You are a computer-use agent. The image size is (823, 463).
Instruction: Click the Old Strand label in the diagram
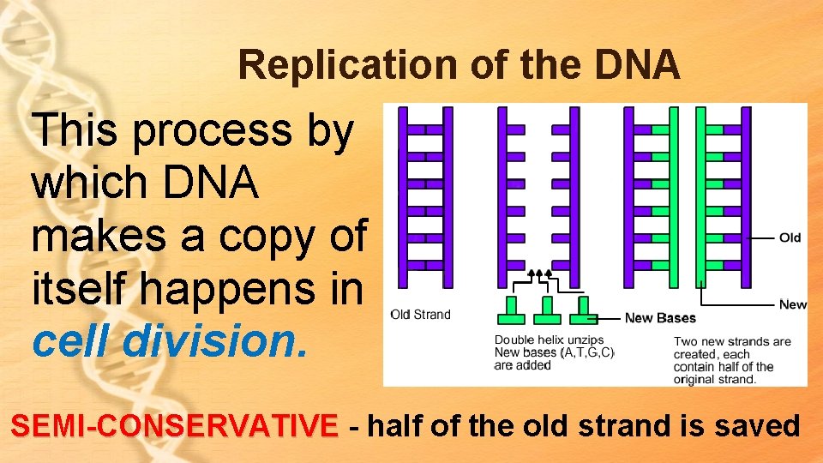tap(420, 315)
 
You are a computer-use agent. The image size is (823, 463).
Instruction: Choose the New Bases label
tap(660, 318)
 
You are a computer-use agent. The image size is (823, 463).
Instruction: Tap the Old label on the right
tap(790, 238)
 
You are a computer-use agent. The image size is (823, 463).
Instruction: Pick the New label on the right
tap(792, 304)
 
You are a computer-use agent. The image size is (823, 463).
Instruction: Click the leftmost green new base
tap(511, 310)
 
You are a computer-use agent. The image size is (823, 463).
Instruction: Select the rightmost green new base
tap(585, 310)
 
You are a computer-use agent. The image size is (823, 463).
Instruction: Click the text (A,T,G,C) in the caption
tap(587, 353)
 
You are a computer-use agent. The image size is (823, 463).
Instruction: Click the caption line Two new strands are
tap(732, 341)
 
